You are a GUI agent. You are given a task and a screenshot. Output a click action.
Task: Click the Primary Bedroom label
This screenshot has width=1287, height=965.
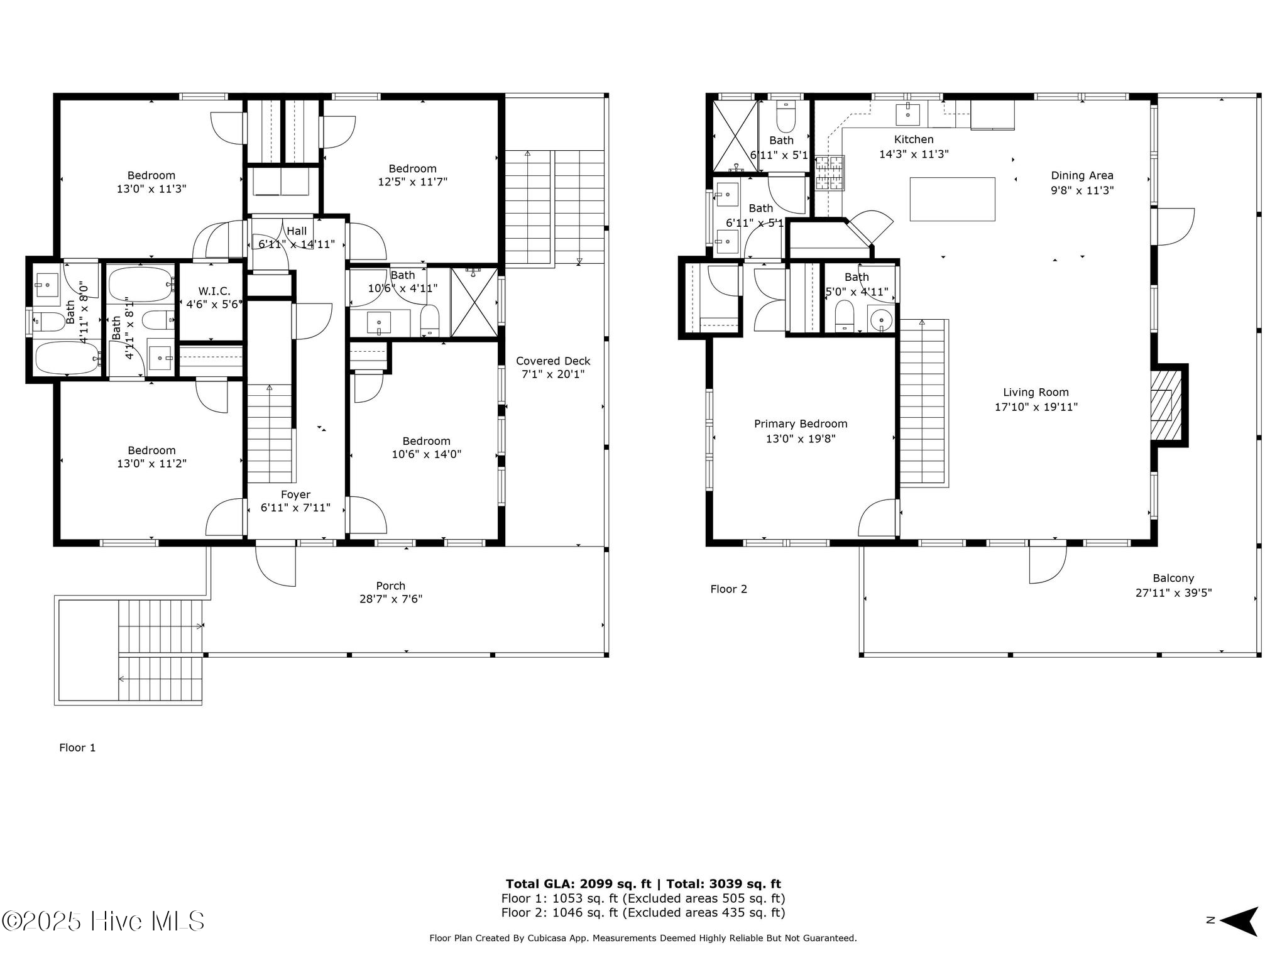point(801,424)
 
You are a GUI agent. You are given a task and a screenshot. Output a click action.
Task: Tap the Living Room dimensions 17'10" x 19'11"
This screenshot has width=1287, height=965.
point(1036,407)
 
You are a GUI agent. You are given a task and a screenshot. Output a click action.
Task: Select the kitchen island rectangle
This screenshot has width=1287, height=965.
point(952,199)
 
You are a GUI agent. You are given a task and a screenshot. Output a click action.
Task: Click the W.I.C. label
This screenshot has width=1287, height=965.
point(214,292)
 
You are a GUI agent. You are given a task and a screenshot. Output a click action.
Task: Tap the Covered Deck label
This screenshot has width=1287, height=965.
point(553,361)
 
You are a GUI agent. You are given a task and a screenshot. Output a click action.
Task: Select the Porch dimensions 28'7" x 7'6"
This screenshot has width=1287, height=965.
point(391,599)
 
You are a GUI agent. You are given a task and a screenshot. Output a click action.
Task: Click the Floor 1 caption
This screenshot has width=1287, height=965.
point(77,748)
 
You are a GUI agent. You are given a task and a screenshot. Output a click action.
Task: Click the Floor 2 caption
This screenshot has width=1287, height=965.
point(729,589)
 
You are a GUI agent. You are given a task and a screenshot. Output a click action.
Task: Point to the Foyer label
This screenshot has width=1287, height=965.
point(295,495)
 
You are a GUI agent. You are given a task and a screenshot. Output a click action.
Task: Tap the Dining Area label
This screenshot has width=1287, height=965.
point(1082,176)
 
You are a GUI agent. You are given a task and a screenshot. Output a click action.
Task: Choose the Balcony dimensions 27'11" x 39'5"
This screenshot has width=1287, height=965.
point(1173,592)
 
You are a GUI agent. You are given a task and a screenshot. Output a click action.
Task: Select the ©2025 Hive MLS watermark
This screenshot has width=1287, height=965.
point(103,922)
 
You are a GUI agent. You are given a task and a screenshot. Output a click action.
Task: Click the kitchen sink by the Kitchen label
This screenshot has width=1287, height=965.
point(907,114)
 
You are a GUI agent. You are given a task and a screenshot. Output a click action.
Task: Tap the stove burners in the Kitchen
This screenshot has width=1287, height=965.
point(830,173)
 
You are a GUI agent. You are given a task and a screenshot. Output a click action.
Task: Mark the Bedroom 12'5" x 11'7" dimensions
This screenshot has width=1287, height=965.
point(412,182)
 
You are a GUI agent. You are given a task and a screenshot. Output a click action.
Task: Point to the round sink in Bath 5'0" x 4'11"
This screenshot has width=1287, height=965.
point(881,320)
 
